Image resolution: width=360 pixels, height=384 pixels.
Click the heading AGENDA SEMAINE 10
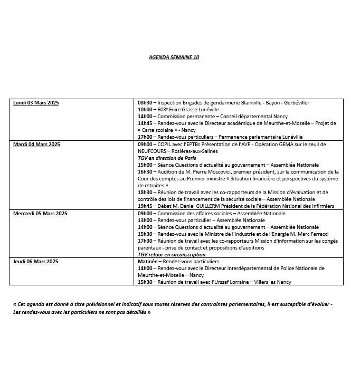[174, 57]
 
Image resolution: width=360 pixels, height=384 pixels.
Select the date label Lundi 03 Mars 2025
[36, 103]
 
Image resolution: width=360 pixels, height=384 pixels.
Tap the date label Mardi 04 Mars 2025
[36, 144]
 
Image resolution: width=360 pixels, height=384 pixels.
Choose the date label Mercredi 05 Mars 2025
[40, 214]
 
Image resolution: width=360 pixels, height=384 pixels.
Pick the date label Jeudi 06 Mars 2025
[35, 262]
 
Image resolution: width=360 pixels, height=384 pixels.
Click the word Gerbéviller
[295, 103]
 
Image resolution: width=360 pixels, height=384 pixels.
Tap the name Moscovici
[214, 172]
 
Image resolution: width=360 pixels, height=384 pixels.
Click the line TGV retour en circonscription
[172, 255]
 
